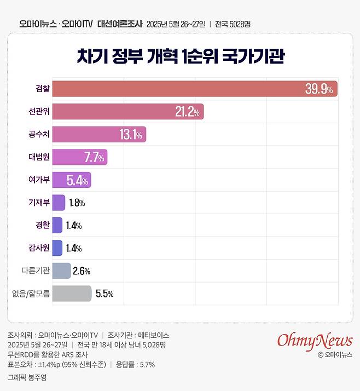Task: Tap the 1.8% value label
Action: click(77, 203)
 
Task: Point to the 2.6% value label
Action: click(81, 271)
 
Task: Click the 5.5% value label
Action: click(104, 294)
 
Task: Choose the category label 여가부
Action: click(39, 180)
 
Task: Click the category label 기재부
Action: click(39, 203)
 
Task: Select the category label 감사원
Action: click(39, 248)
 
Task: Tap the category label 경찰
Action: click(43, 225)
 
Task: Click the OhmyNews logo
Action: click(314, 340)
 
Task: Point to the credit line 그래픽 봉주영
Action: click(27, 377)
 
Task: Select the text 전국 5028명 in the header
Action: click(233, 24)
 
